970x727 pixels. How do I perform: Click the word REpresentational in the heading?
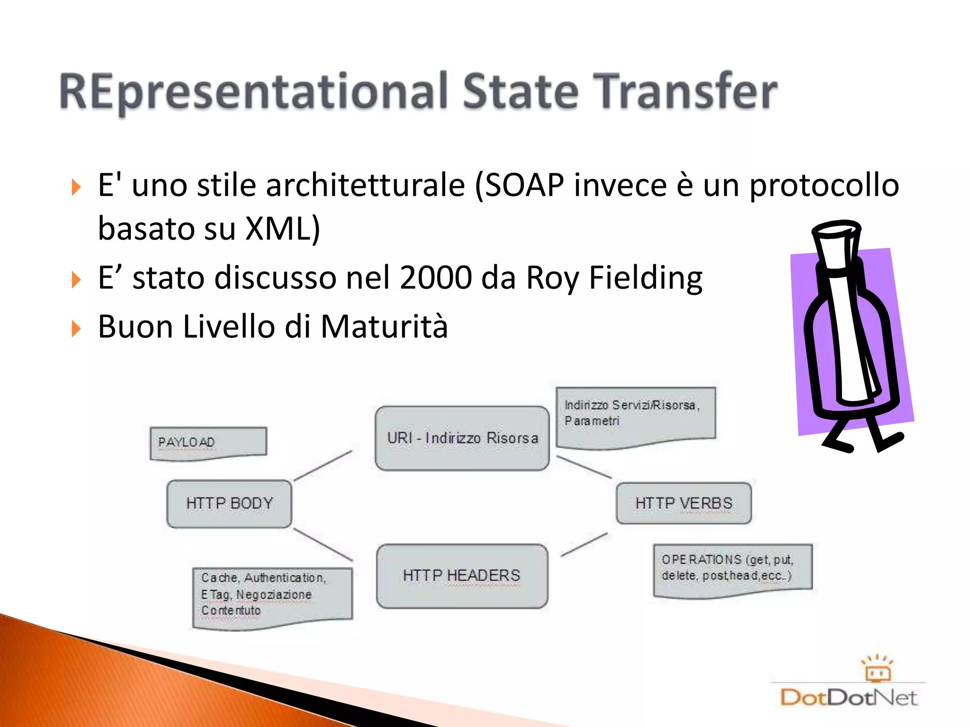tap(253, 92)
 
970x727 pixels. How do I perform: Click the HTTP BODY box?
tap(229, 504)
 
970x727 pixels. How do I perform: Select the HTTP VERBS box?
tap(683, 503)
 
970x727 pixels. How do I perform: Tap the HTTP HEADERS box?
tap(462, 576)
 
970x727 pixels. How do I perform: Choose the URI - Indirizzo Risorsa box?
tap(462, 438)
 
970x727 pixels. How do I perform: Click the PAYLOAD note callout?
tap(208, 443)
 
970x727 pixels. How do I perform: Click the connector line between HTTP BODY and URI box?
tap(323, 466)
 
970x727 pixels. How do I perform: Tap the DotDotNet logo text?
tap(848, 698)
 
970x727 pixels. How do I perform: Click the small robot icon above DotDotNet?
tap(877, 669)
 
